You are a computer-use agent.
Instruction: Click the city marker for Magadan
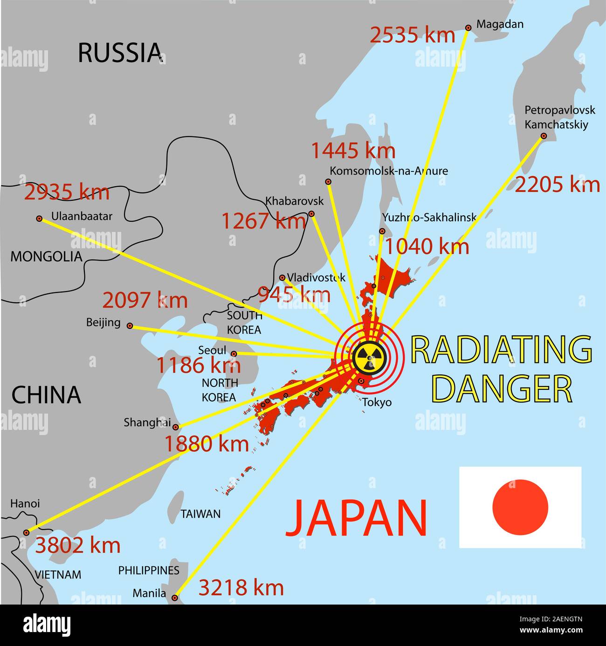point(468,27)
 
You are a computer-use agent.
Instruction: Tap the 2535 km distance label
point(413,35)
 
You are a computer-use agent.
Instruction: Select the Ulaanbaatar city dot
point(39,218)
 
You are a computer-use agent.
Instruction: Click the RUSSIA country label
point(120,52)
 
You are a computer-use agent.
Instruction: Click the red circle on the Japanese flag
point(520,507)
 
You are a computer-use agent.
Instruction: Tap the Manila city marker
point(175,598)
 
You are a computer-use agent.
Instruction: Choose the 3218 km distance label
point(241,588)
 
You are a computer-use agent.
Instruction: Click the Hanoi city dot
point(27,532)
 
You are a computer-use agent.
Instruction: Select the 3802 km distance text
point(78,545)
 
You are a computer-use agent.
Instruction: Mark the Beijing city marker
point(130,326)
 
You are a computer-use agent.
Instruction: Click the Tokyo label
point(377,402)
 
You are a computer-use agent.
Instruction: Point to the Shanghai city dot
point(176,427)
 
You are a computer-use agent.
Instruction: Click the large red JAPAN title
point(356,518)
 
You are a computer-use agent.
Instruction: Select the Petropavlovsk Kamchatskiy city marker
point(544,136)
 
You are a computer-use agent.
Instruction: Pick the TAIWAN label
point(200,514)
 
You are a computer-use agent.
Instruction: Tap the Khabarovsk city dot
point(311,214)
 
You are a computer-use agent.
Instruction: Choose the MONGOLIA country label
point(46,257)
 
